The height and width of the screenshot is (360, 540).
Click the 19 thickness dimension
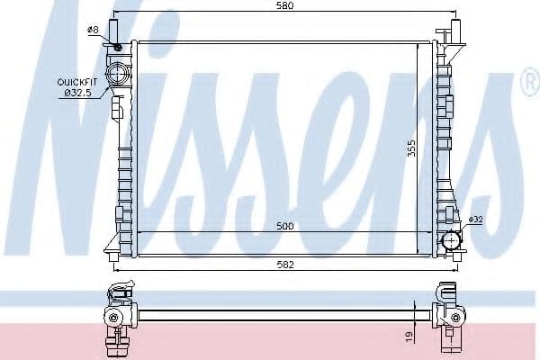[409, 336]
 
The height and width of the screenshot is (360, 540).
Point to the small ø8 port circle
[117, 47]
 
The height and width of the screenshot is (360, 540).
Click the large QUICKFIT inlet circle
[116, 73]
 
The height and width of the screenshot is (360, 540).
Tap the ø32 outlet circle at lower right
[451, 241]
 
